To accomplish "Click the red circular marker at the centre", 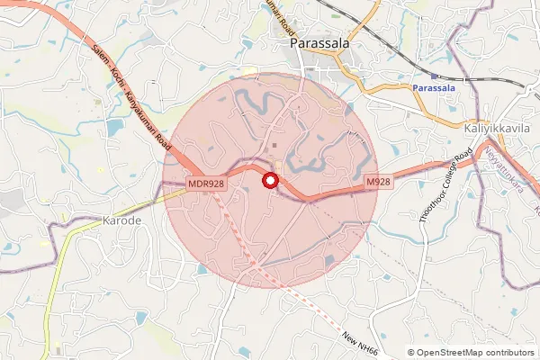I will click(x=268, y=181).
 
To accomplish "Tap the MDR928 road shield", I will click(x=206, y=183).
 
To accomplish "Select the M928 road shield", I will click(x=378, y=182).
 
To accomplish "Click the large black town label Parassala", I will click(x=320, y=42).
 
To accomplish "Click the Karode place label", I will click(x=122, y=220).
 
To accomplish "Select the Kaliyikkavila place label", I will click(x=497, y=129).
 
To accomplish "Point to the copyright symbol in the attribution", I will click(x=411, y=353).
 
